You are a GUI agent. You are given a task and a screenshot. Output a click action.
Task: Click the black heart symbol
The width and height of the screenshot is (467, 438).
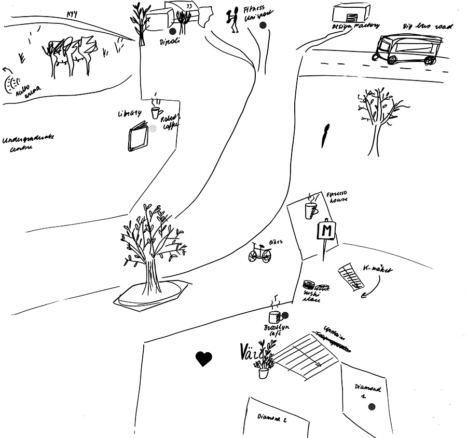click(204, 359)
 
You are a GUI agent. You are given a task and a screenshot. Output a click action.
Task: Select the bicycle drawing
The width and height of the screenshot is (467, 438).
click(259, 253)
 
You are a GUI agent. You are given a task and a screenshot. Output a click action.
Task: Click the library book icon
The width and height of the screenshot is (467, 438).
click(139, 137)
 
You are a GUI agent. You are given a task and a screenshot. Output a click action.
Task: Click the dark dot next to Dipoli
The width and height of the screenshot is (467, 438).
click(173, 31)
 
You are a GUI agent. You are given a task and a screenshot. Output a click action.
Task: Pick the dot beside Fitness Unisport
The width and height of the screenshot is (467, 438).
click(263, 25)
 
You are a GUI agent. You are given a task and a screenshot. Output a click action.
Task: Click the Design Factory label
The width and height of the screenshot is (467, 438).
click(356, 25)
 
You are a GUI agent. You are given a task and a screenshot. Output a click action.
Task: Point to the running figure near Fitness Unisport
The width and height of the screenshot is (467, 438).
click(232, 20)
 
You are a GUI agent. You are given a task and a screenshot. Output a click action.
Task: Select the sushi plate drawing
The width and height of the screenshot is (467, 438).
click(310, 285)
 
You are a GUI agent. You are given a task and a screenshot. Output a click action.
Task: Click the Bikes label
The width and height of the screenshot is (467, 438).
click(276, 243)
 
